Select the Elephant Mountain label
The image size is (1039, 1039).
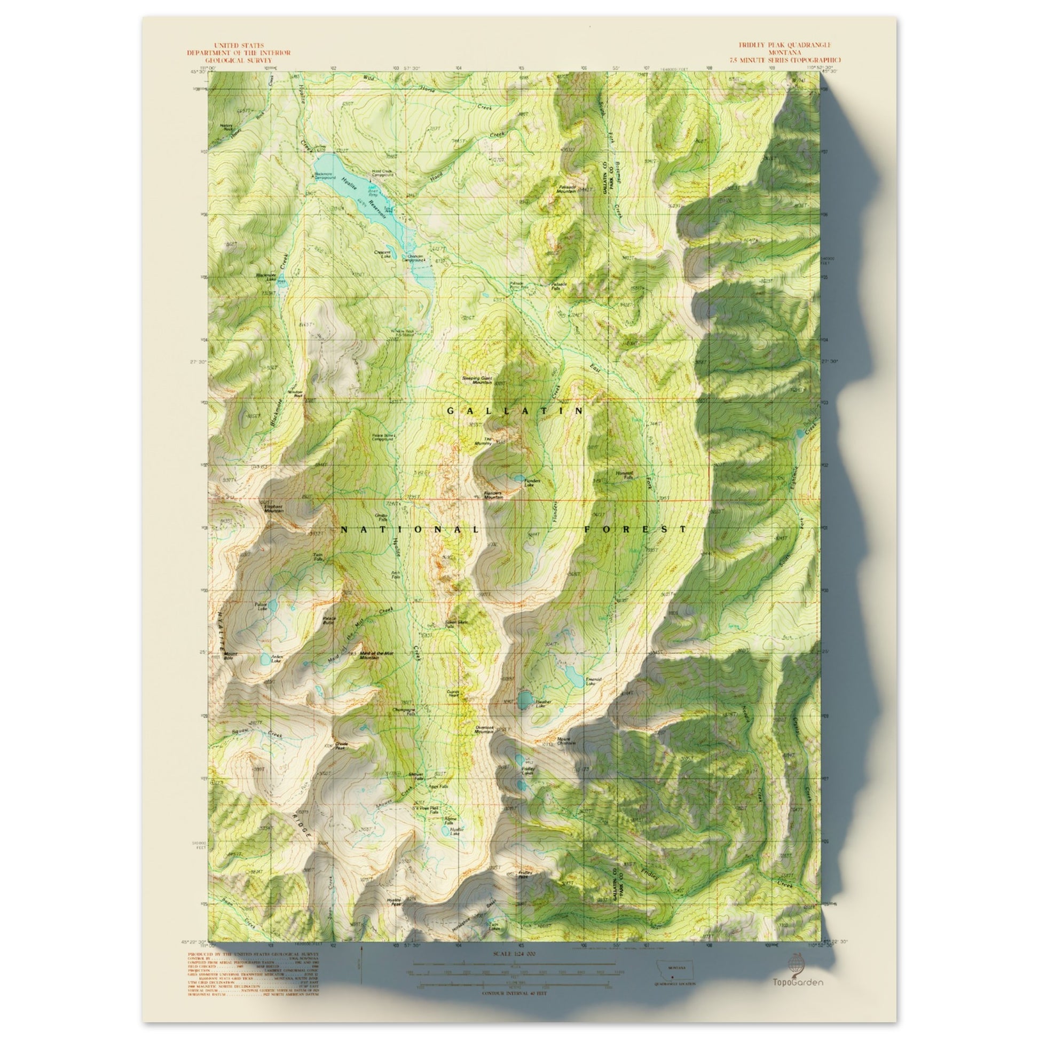coord(273,508)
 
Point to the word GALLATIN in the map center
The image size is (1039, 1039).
coord(515,411)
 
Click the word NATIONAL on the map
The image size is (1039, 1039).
coord(410,530)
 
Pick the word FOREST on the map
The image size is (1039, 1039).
coord(635,529)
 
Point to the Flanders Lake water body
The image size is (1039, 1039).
coord(517,477)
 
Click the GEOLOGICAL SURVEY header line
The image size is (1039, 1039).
coord(238,60)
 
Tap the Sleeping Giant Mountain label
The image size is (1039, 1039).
coord(477,380)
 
